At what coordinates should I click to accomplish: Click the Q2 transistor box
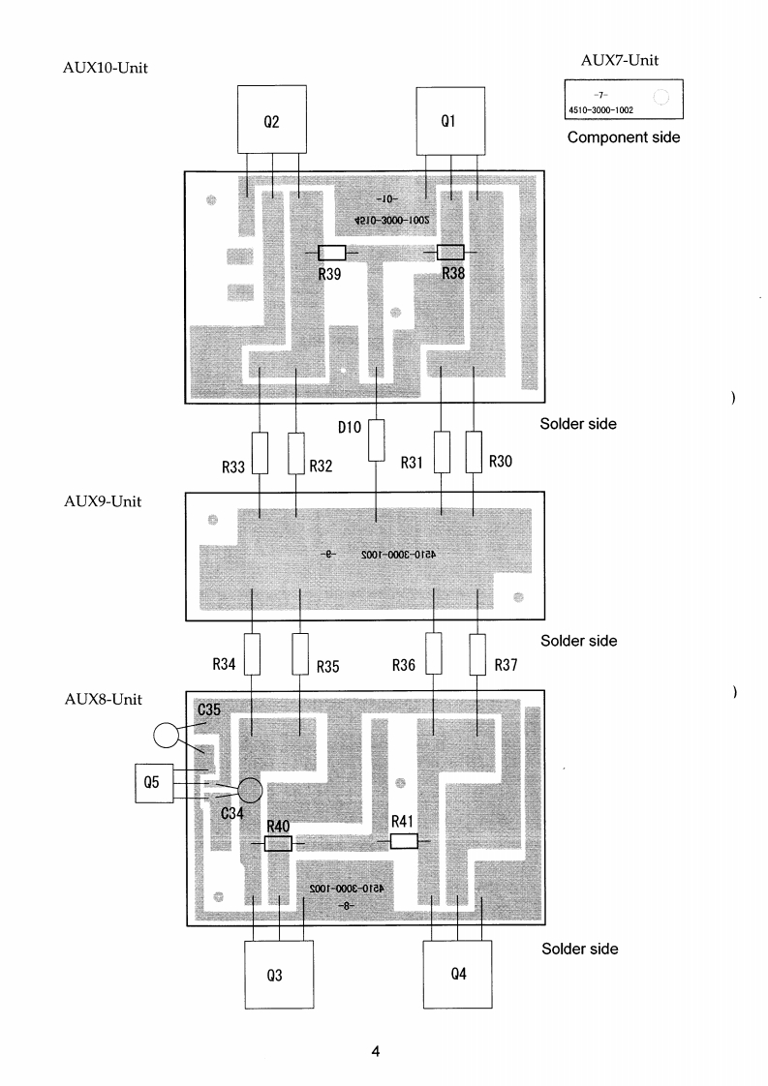pos(272,119)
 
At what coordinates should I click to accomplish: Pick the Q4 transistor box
pos(459,973)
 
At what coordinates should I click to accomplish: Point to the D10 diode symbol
pos(376,440)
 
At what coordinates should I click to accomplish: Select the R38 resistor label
pos(453,274)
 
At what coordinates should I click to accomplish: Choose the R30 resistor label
pos(500,462)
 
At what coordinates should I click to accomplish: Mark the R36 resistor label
pos(405,665)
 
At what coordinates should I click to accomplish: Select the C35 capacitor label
pos(209,710)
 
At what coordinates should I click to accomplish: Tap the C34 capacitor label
pos(232,814)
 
